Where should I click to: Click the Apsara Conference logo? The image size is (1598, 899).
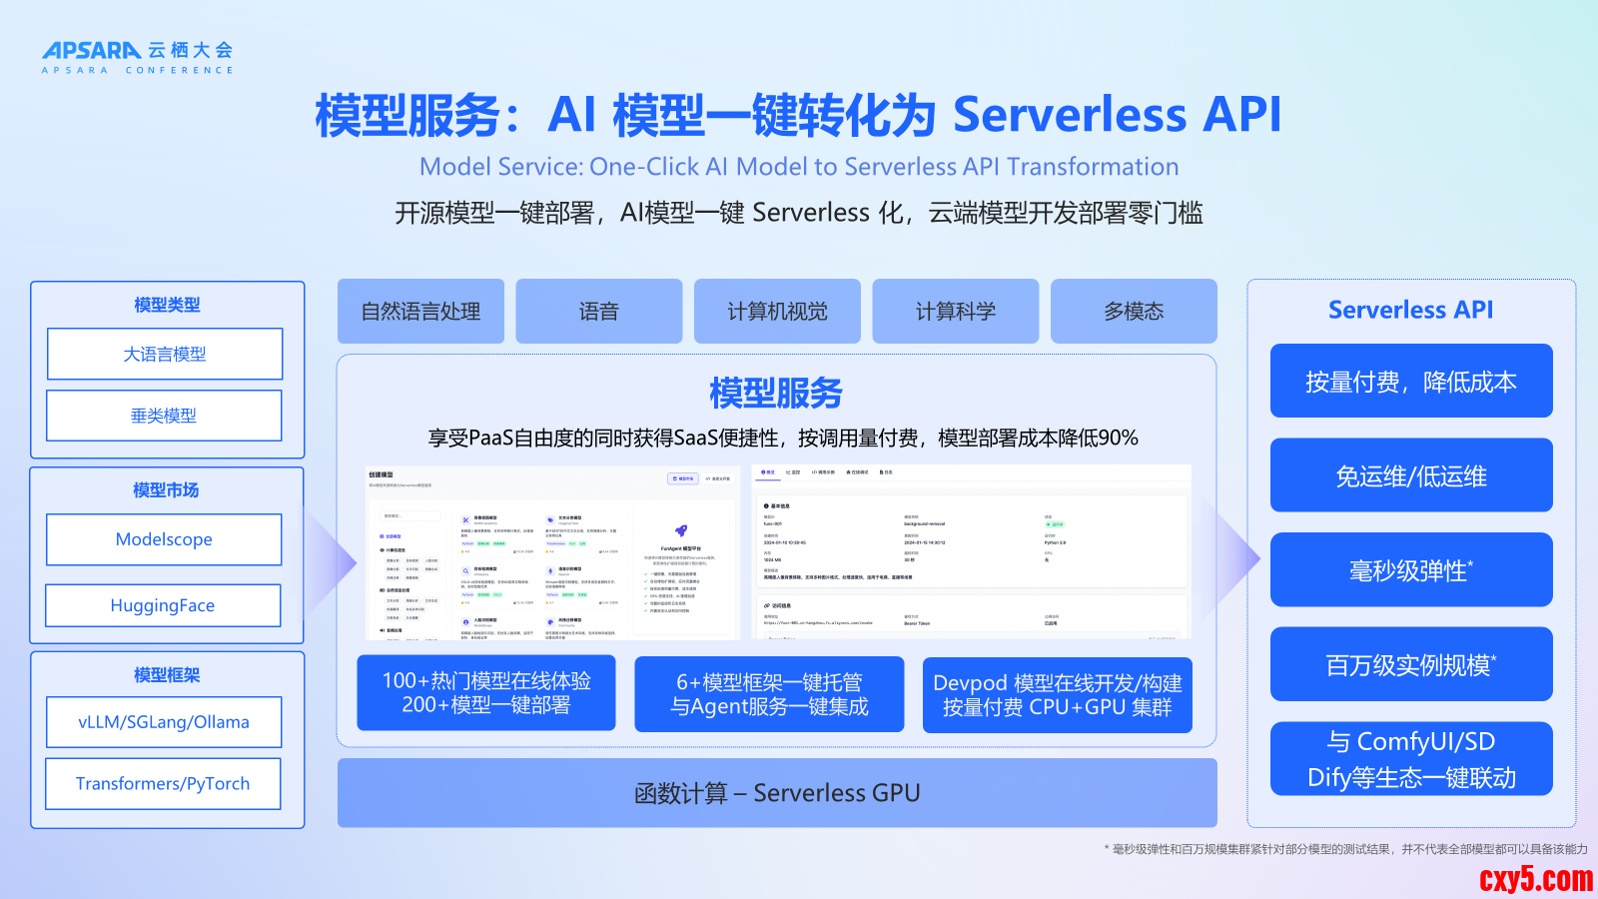137,57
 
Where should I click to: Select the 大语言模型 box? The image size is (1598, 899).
165,354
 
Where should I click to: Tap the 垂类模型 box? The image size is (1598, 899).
165,416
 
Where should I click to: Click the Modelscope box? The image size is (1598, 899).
164,539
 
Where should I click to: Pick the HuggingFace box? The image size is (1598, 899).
163,605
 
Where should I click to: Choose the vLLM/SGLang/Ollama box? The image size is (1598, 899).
164,722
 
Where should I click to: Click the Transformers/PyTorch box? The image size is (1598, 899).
163,784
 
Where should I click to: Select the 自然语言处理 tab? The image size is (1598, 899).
420,312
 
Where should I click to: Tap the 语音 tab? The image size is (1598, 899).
598,312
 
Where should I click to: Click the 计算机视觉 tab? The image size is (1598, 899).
777,312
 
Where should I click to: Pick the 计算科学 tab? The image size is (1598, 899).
955,312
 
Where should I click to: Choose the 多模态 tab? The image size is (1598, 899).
1134,312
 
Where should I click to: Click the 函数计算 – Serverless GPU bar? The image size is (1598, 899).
777,793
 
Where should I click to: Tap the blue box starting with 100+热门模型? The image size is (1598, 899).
486,693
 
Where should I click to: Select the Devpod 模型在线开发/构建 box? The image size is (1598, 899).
1057,695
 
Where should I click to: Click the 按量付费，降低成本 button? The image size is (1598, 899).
1411,382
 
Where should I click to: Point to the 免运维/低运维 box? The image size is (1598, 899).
1411,476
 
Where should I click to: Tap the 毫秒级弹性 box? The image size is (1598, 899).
1411,570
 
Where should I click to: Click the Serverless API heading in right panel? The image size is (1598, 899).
1410,310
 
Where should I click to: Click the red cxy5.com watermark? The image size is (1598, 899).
1535,878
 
